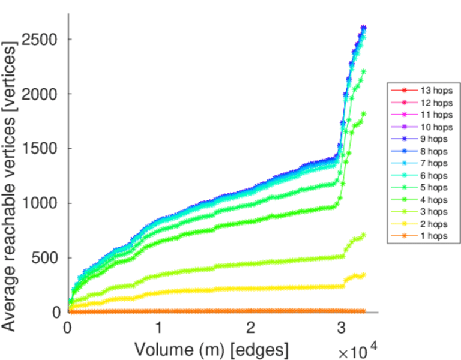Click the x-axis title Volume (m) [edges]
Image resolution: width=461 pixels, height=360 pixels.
click(211, 349)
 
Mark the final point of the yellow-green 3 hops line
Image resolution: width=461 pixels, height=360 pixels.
click(363, 235)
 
